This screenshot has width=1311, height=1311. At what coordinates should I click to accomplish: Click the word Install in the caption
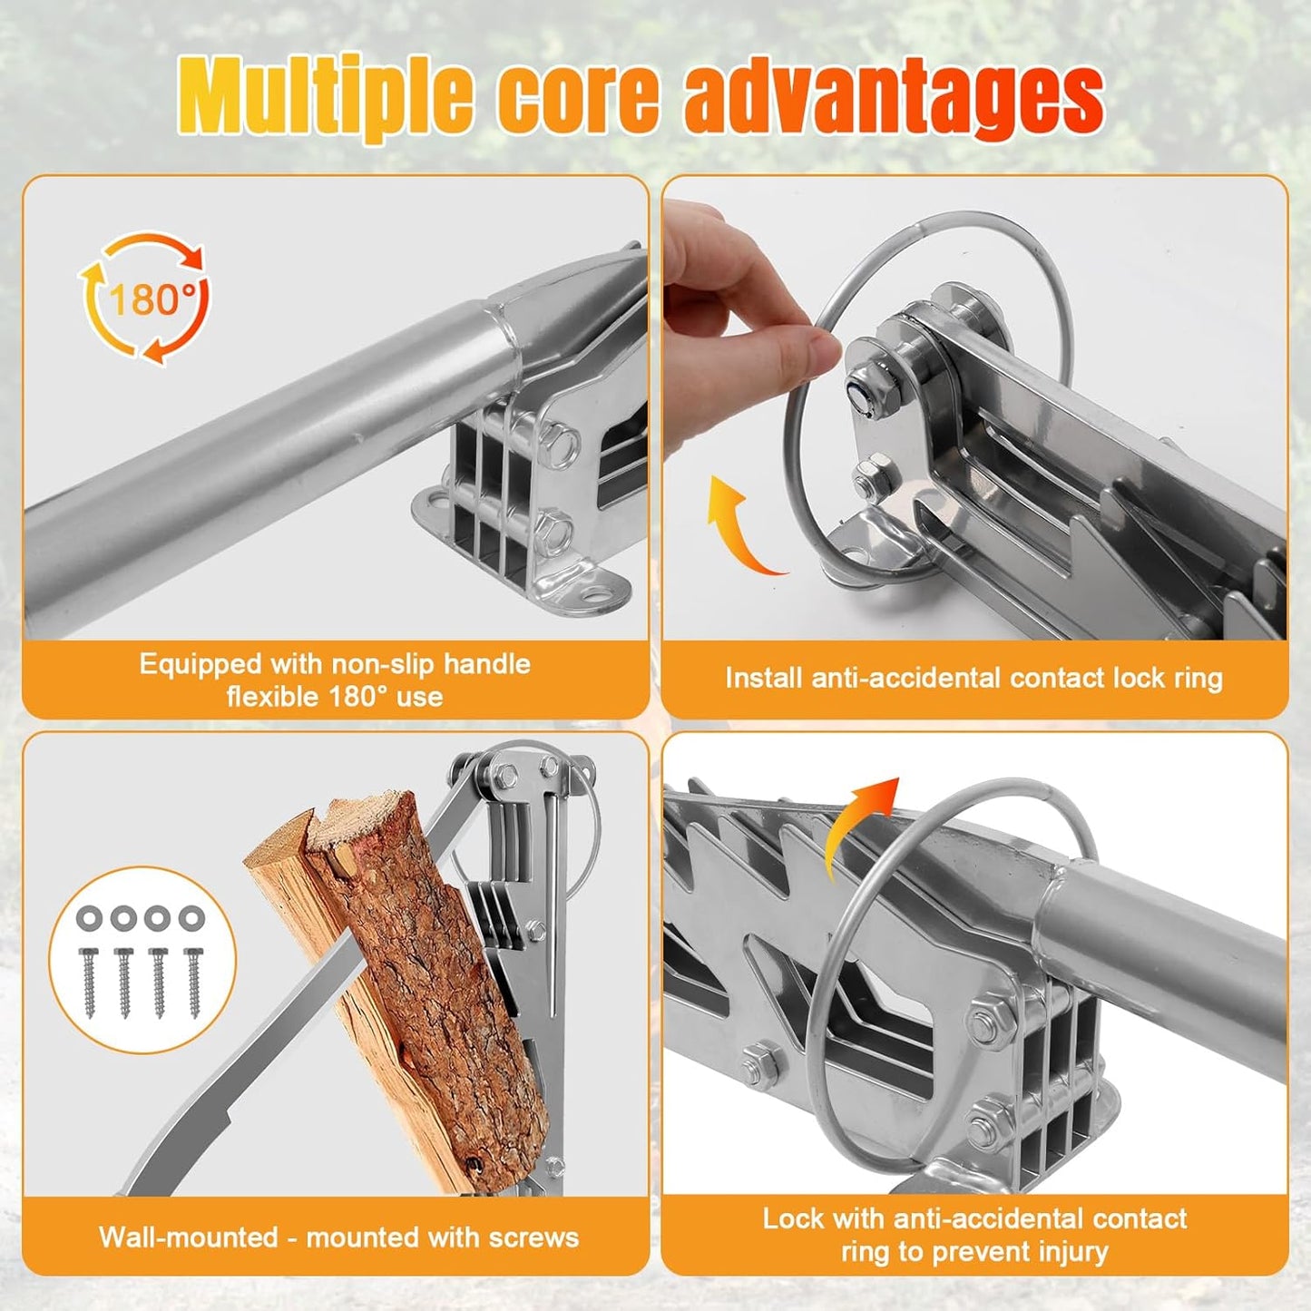point(764,679)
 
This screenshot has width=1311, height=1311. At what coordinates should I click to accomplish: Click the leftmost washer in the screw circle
point(89,918)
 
